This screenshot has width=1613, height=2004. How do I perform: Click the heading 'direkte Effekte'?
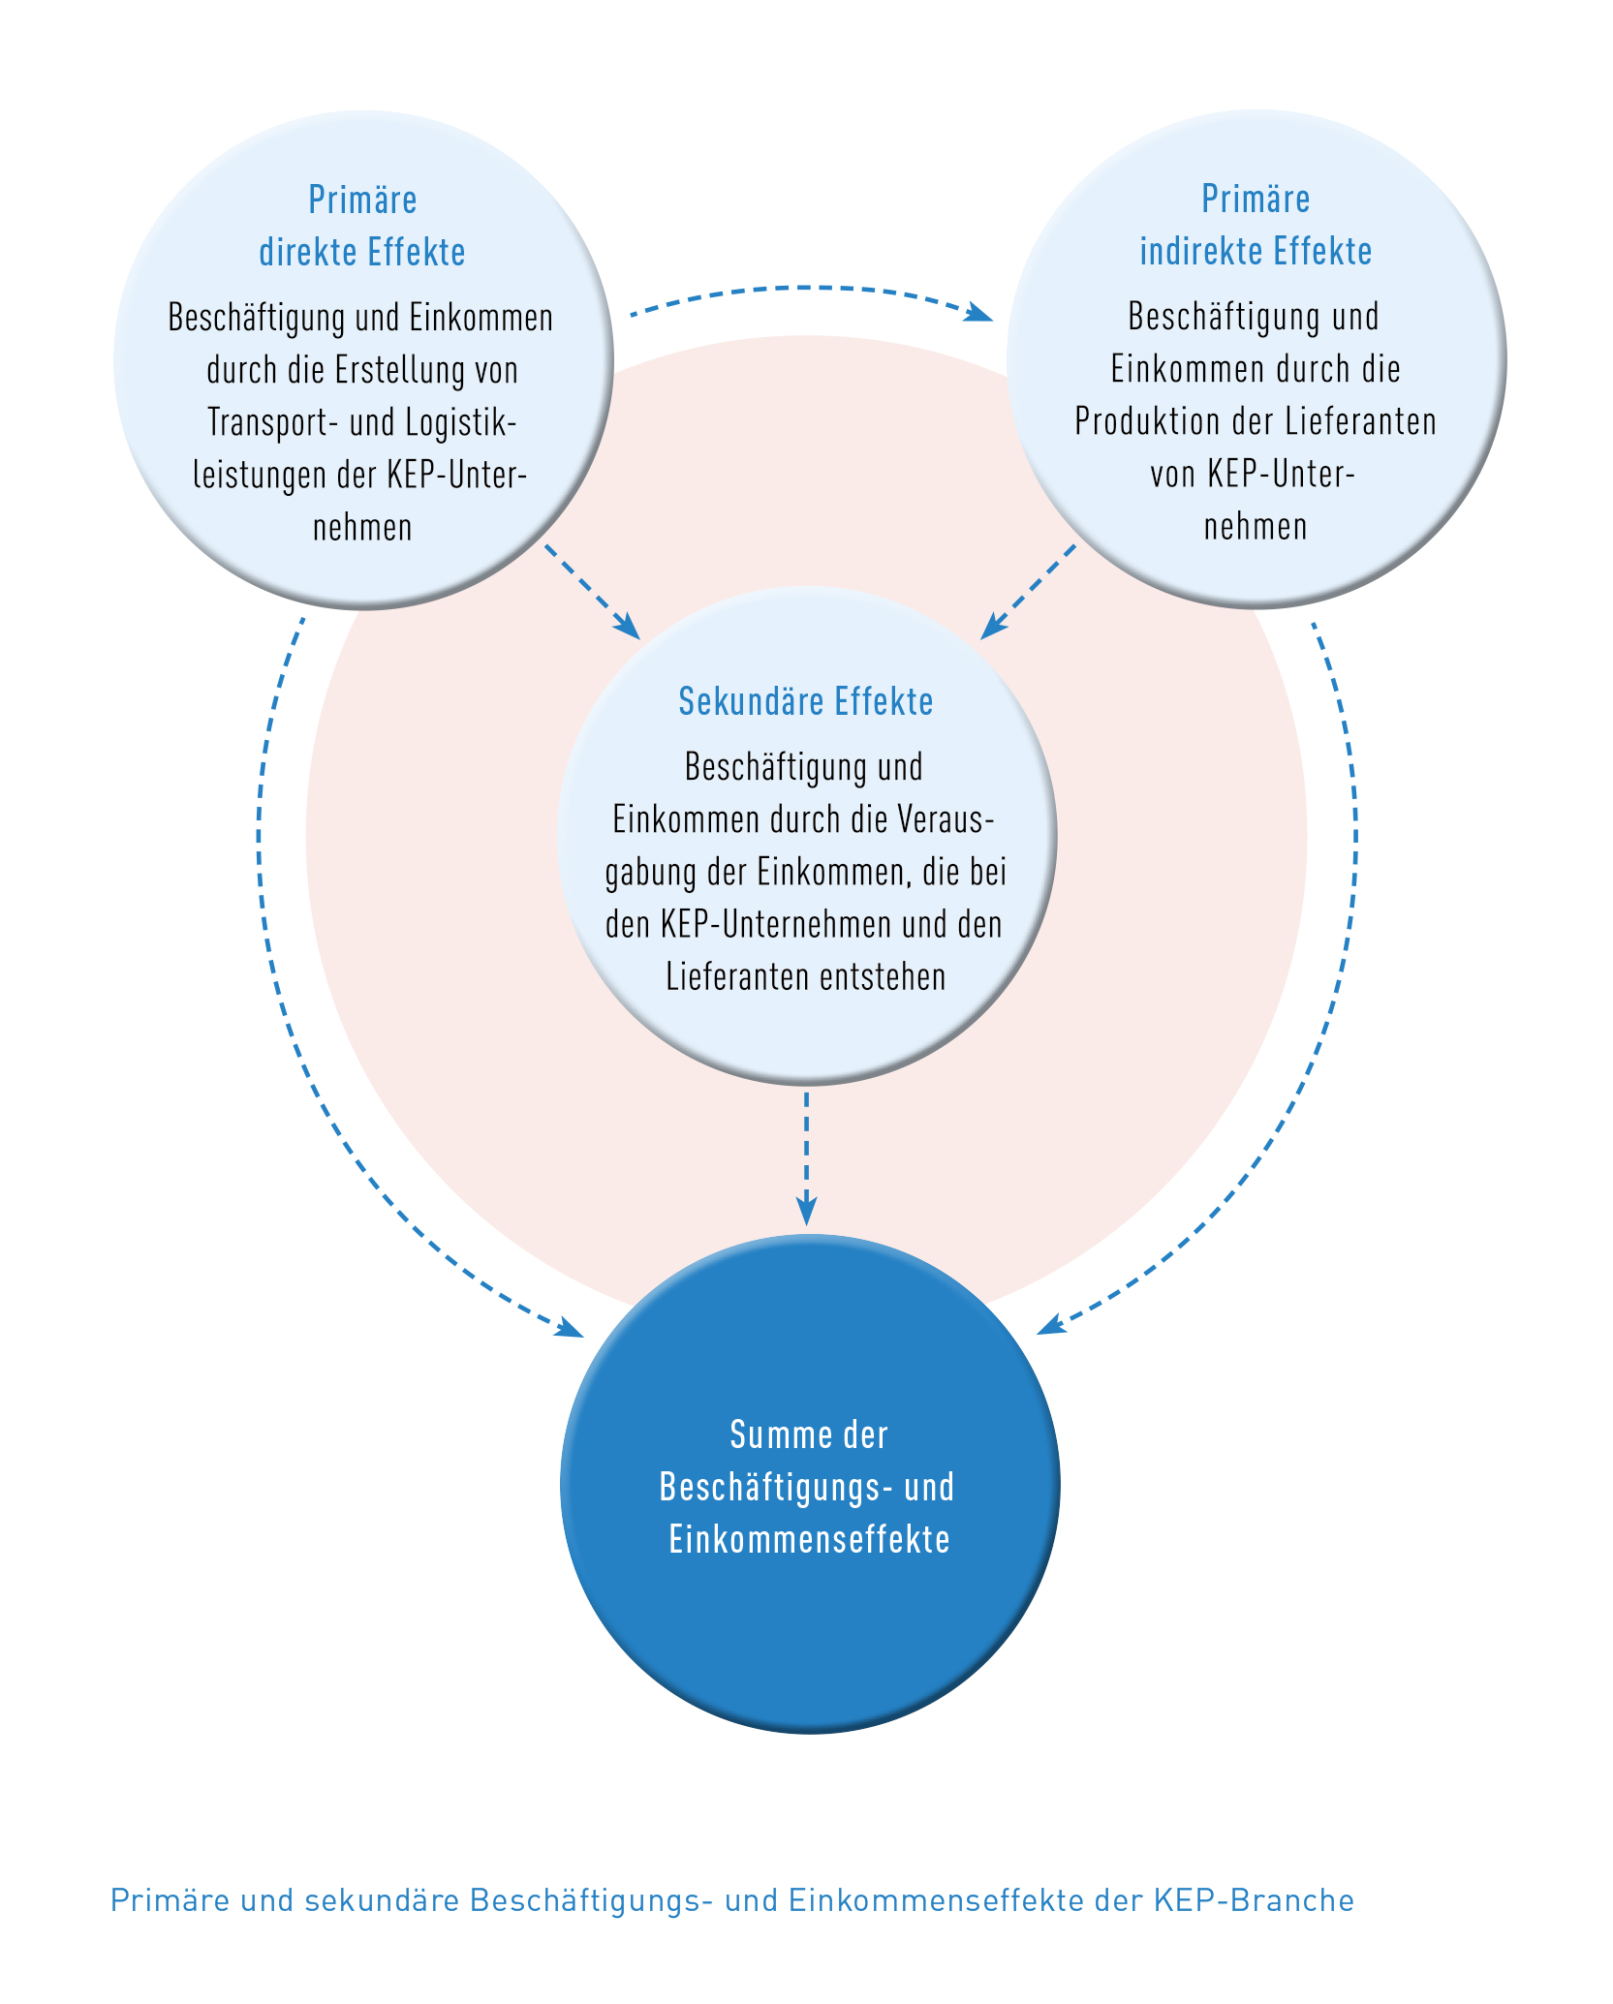click(x=362, y=253)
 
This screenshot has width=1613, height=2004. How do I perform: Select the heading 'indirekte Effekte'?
click(x=1256, y=252)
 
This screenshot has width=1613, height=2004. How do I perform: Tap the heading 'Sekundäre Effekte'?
click(x=806, y=702)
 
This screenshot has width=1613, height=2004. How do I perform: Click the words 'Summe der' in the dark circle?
click(x=809, y=1434)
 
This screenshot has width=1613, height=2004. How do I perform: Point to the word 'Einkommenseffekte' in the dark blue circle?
click(x=810, y=1539)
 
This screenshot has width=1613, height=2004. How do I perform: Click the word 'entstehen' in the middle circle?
click(x=883, y=976)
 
